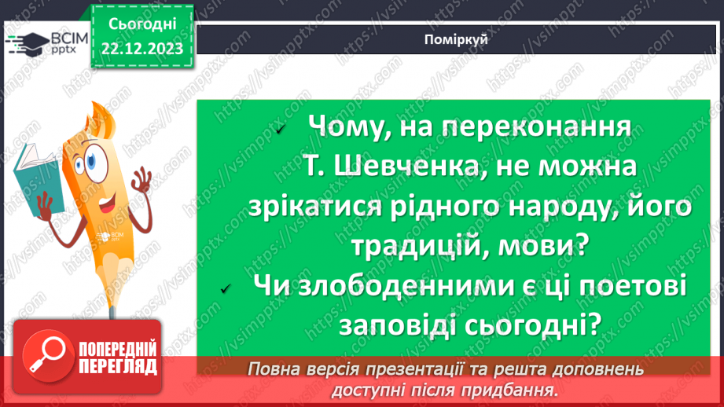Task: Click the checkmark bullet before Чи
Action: click(x=226, y=291)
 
